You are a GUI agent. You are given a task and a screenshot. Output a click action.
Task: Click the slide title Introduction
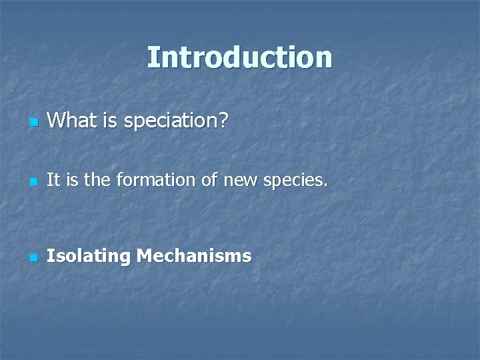239,57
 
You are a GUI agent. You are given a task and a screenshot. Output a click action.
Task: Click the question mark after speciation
223,121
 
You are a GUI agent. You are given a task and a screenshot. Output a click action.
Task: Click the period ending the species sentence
326,185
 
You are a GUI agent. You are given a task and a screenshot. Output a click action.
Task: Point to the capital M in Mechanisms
145,255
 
